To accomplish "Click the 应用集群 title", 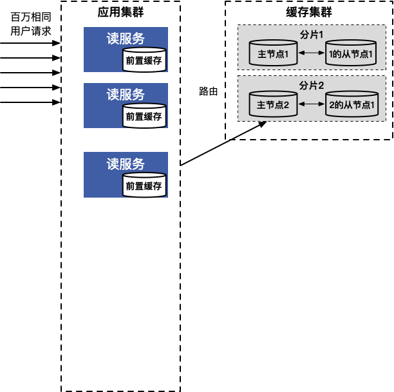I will (x=121, y=13).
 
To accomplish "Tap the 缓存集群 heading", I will (x=309, y=13).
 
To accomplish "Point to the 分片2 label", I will (x=312, y=85).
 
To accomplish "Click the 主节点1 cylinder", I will (x=273, y=53).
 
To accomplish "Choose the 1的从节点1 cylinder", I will (x=351, y=53).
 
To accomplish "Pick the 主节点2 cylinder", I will (x=273, y=104).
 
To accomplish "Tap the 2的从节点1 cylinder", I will (x=351, y=104).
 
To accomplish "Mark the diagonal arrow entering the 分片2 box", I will (x=249, y=130).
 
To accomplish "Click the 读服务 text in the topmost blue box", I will (x=126, y=37).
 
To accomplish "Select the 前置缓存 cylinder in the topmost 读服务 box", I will (x=144, y=61).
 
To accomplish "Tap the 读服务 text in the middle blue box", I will (x=126, y=94).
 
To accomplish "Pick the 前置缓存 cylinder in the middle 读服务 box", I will (x=144, y=117).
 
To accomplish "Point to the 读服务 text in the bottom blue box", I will (x=126, y=163).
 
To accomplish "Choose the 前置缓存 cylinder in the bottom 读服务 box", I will (x=144, y=186).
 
